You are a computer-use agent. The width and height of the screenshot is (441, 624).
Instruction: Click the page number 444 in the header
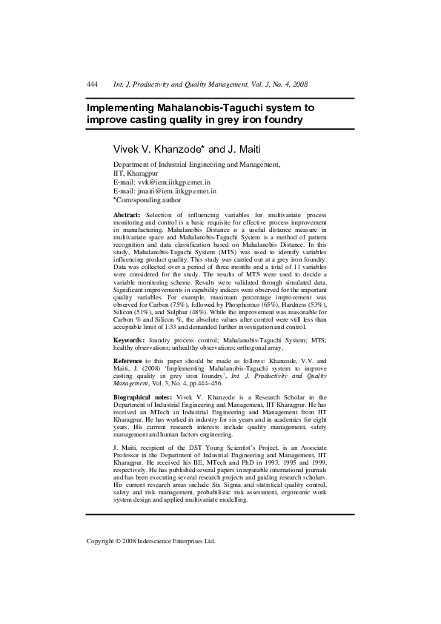[x=93, y=86]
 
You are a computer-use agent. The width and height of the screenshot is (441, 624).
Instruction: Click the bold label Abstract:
[x=127, y=215]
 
